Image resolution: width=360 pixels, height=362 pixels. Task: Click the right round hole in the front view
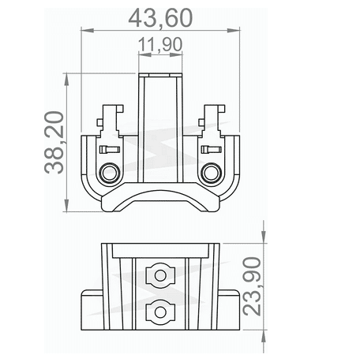click(x=211, y=172)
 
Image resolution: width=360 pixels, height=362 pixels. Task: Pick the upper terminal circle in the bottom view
click(x=161, y=276)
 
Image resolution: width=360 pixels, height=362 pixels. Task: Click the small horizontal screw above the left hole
click(x=110, y=149)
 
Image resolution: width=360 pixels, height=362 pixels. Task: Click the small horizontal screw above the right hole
click(x=211, y=149)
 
